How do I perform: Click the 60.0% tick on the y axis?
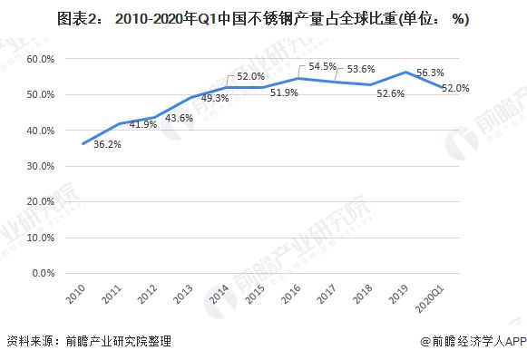pyautogui.click(x=42, y=59)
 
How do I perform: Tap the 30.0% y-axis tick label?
pyautogui.click(x=42, y=166)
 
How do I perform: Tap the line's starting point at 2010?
pyautogui.click(x=84, y=143)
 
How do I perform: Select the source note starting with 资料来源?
pyautogui.click(x=89, y=342)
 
